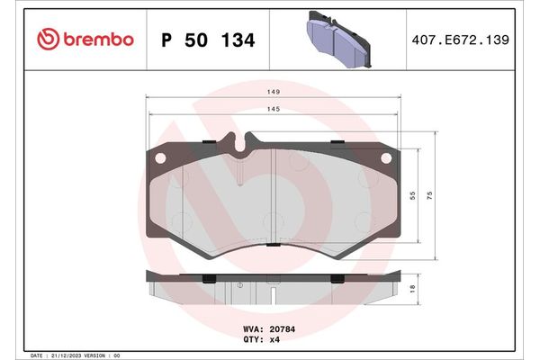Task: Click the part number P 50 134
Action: click(x=207, y=40)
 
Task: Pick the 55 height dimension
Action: click(x=413, y=195)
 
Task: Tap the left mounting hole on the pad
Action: click(x=161, y=158)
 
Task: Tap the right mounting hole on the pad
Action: click(x=388, y=158)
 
